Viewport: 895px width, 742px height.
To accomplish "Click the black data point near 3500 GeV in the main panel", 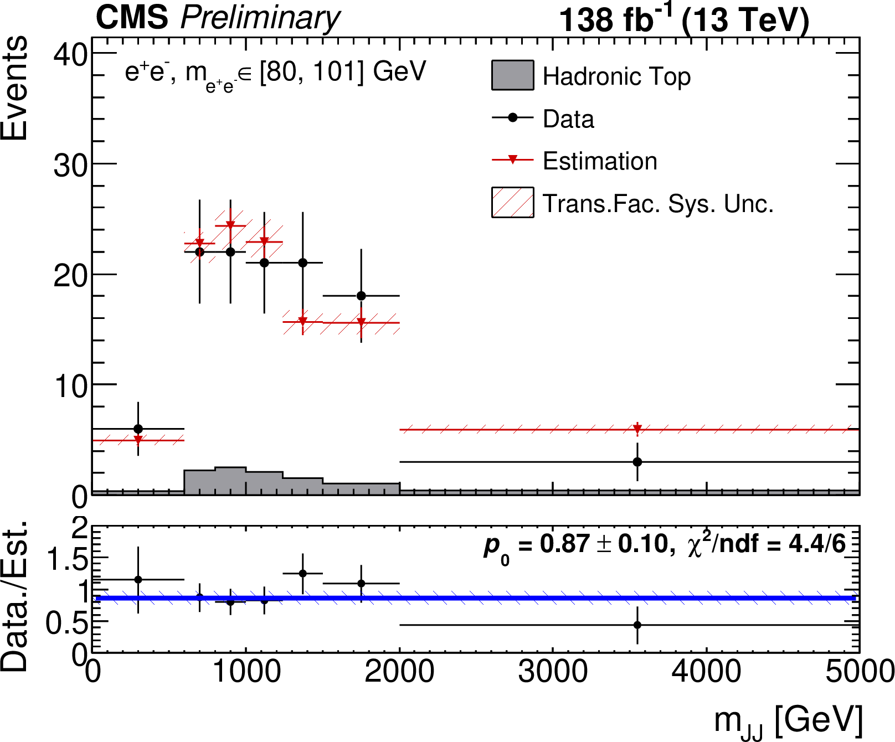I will tap(637, 462).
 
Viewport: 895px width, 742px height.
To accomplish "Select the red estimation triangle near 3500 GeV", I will tap(637, 429).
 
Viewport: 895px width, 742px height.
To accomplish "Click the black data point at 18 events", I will tap(361, 296).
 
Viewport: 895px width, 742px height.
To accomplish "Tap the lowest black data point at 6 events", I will tap(138, 429).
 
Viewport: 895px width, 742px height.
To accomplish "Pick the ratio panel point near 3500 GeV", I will tap(637, 625).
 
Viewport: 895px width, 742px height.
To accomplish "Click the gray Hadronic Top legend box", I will tap(512, 75).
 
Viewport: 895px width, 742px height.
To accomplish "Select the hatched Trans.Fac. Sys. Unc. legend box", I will tap(512, 203).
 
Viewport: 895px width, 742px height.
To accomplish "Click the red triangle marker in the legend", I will tap(512, 160).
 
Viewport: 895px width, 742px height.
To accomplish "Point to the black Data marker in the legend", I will tap(512, 117).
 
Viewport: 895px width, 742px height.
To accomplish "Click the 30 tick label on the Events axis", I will tap(70, 165).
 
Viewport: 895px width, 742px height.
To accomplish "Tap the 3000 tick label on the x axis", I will tap(552, 672).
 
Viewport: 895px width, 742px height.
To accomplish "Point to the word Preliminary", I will tap(260, 19).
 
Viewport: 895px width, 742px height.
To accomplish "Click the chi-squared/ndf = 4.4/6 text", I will tap(767, 545).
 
